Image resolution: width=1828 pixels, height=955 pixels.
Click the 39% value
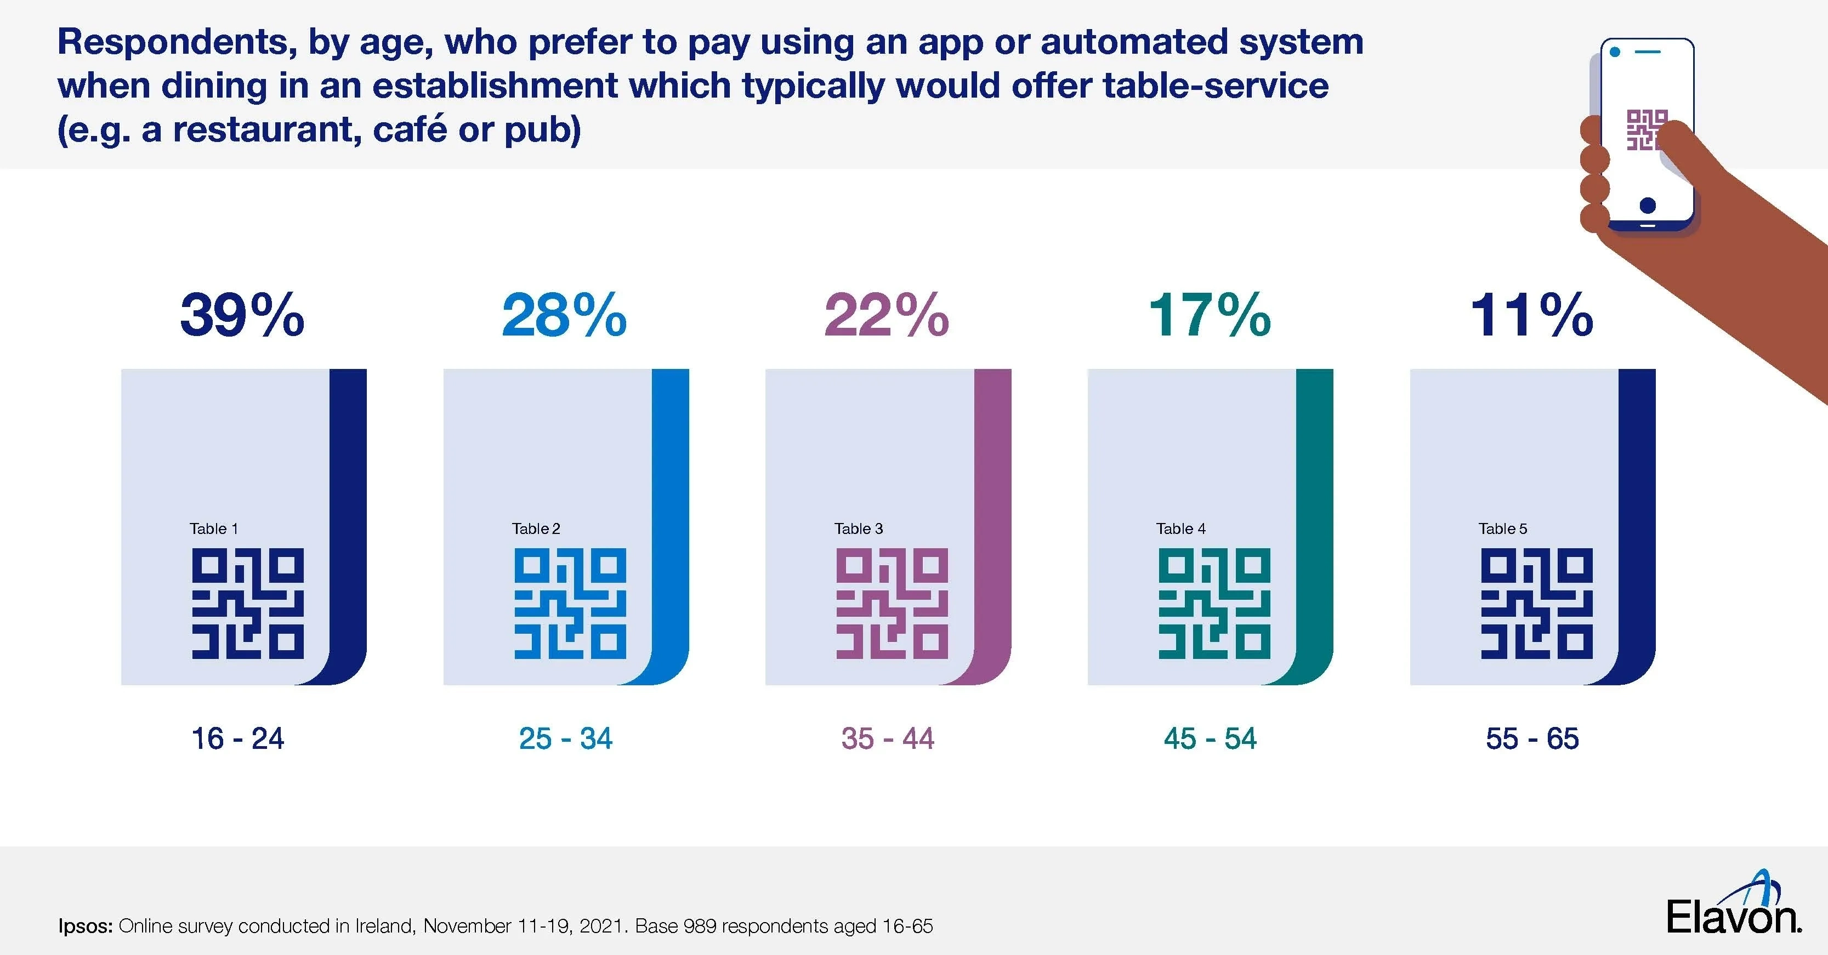[x=242, y=316]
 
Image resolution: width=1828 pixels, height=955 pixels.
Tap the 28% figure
[x=564, y=316]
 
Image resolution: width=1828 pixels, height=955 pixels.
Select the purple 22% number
[x=887, y=316]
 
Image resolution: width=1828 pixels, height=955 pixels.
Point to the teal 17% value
[x=1209, y=316]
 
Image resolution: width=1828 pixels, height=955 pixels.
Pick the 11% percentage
[x=1531, y=316]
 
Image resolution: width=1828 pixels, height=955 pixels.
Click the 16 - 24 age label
[x=238, y=738]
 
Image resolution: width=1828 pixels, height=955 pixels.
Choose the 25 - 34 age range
[x=566, y=738]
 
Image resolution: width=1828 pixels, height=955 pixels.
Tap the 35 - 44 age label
[x=888, y=738]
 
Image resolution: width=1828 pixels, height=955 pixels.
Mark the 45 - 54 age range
[x=1210, y=738]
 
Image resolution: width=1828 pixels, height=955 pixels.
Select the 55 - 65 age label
[x=1532, y=738]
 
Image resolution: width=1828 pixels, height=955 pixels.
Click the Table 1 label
[x=214, y=528]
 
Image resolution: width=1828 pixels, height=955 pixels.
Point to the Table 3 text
[x=859, y=528]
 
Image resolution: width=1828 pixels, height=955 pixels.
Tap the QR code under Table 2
[x=570, y=603]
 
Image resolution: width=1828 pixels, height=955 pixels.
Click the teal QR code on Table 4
[x=1214, y=603]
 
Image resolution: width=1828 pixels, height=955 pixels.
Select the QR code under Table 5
[x=1536, y=603]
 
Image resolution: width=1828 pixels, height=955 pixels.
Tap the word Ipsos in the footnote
[x=85, y=926]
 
